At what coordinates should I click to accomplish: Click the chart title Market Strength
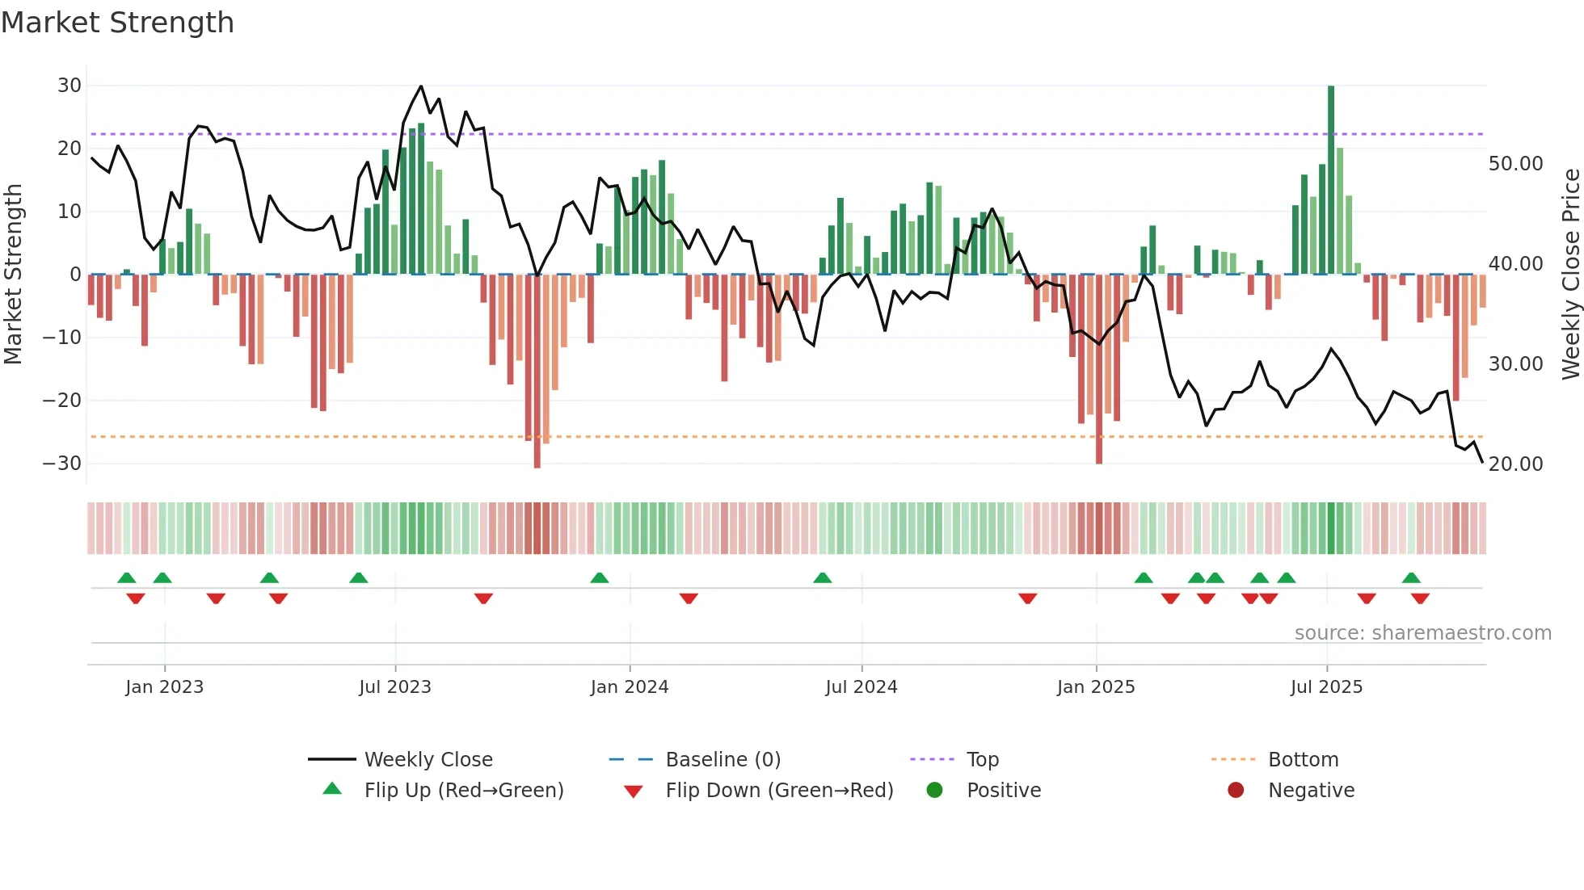click(x=117, y=23)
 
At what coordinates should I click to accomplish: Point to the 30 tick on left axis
click(x=70, y=86)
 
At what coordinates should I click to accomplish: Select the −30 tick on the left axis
click(x=62, y=464)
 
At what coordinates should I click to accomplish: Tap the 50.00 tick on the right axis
click(x=1515, y=164)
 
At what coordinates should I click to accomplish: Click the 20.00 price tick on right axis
click(x=1515, y=464)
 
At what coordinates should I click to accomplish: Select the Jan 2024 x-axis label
click(x=630, y=687)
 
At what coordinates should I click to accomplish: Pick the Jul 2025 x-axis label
click(x=1326, y=687)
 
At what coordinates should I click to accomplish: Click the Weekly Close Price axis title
click(x=1570, y=275)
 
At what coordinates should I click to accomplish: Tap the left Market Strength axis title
click(x=14, y=275)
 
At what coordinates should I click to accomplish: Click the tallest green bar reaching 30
click(x=1331, y=178)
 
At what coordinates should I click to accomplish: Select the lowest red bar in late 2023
click(x=537, y=372)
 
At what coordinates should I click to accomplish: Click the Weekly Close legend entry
click(x=428, y=760)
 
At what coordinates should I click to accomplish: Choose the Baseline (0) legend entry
click(x=722, y=760)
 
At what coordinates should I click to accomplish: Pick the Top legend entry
click(x=982, y=760)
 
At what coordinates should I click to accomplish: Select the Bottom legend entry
click(x=1303, y=760)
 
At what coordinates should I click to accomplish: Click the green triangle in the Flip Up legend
click(x=332, y=789)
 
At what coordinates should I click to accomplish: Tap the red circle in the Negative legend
click(x=1236, y=790)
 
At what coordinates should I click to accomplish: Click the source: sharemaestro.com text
click(x=1422, y=633)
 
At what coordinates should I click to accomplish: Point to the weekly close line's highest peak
click(x=421, y=86)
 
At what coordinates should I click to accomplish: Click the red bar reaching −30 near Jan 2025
click(x=1099, y=372)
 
